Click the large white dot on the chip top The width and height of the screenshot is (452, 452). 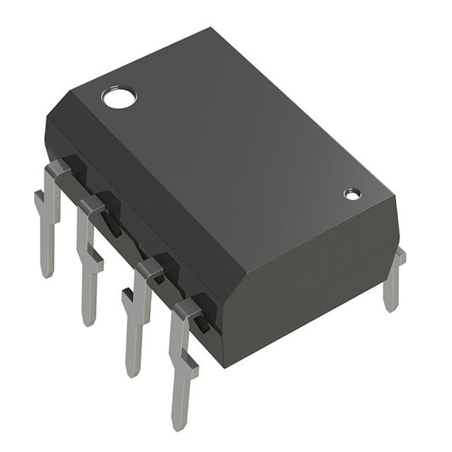pyautogui.click(x=119, y=97)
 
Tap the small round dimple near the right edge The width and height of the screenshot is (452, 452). pyautogui.click(x=352, y=194)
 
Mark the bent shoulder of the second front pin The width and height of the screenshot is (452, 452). pyautogui.click(x=92, y=204)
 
